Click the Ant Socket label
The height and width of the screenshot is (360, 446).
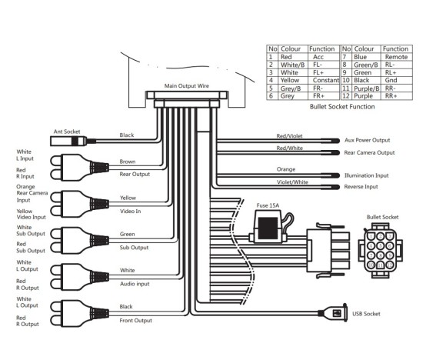coord(66,132)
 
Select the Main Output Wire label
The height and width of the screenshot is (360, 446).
coord(187,86)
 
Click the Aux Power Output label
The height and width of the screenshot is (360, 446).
coord(368,141)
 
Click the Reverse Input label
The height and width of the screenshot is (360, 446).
coord(362,187)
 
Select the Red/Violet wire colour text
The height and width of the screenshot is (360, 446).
coord(289,136)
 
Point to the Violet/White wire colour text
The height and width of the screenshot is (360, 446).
coord(291,182)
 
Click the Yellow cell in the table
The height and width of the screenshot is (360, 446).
coord(291,81)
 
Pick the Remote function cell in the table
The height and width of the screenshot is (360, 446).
coord(395,57)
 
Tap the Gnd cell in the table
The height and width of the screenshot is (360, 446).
coord(390,81)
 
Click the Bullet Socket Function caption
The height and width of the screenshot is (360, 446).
coord(341,107)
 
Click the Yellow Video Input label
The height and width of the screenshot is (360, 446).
coord(32,213)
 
